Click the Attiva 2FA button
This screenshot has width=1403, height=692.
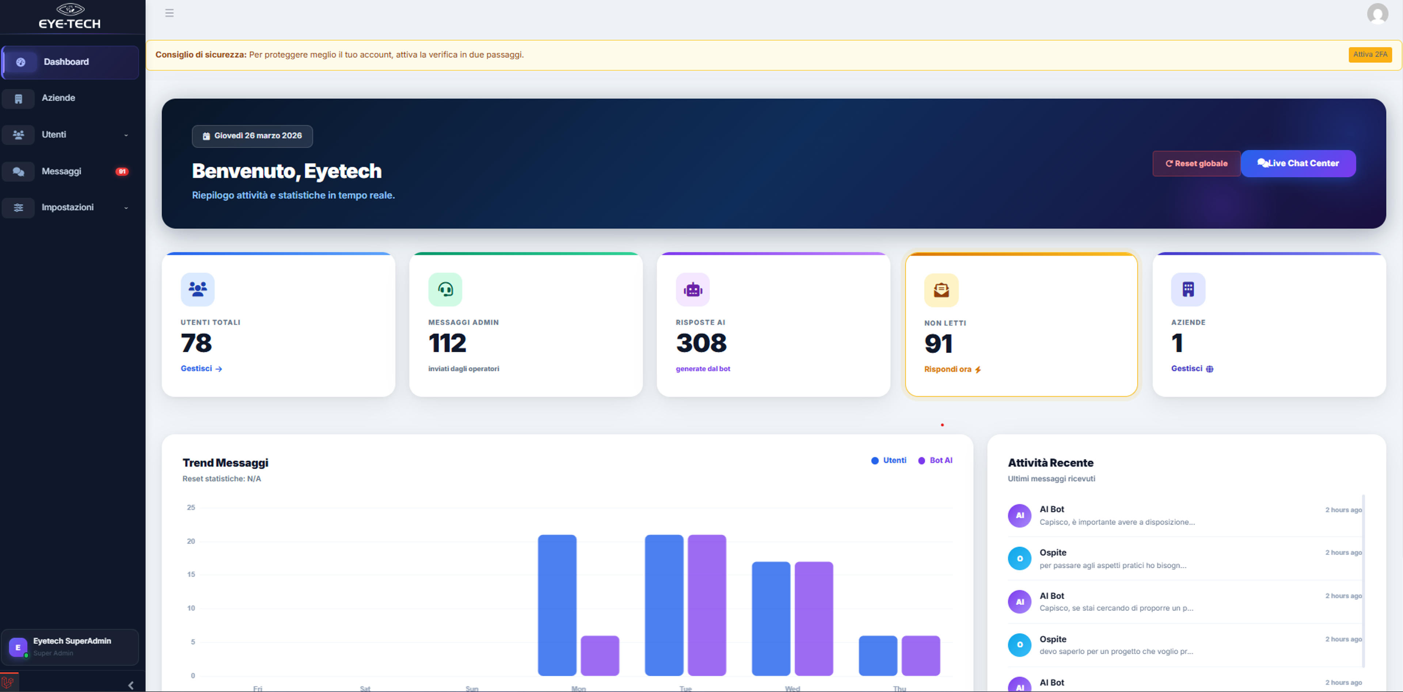[1370, 54]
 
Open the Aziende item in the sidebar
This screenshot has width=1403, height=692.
[58, 98]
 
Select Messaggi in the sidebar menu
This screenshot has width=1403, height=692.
[61, 171]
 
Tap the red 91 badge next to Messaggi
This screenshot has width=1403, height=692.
[122, 171]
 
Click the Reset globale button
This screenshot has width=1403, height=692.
[1196, 163]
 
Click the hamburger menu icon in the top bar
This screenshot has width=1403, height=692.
[170, 13]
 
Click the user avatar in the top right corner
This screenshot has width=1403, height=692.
[1377, 14]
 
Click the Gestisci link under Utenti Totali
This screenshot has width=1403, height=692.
[201, 369]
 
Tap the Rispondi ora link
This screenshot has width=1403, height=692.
[953, 369]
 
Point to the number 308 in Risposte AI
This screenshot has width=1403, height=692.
[701, 343]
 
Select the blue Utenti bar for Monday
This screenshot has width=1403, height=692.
[557, 605]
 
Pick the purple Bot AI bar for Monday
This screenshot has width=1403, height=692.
[600, 655]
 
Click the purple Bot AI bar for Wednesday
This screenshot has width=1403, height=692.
[814, 619]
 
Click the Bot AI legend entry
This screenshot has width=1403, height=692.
[935, 461]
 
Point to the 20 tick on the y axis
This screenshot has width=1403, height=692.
[191, 541]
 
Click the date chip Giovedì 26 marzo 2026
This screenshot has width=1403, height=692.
[252, 136]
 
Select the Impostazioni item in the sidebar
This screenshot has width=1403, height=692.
[68, 208]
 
